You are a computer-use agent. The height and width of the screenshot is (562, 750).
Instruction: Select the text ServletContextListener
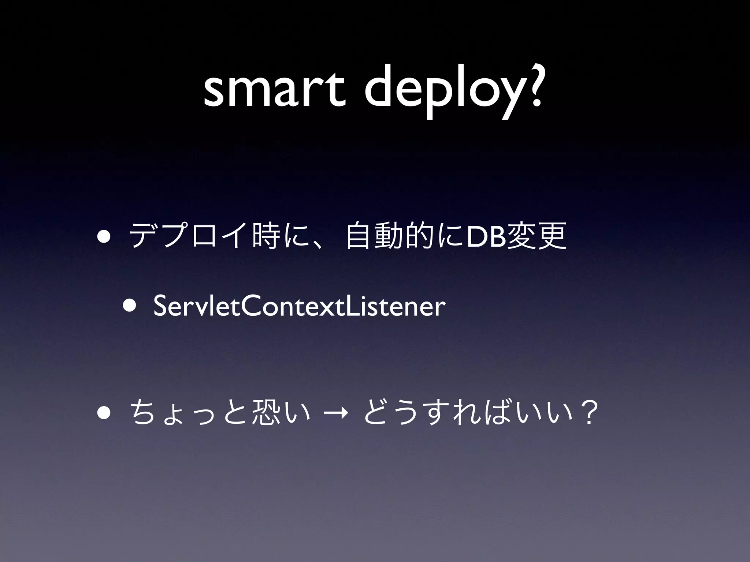point(299,307)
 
